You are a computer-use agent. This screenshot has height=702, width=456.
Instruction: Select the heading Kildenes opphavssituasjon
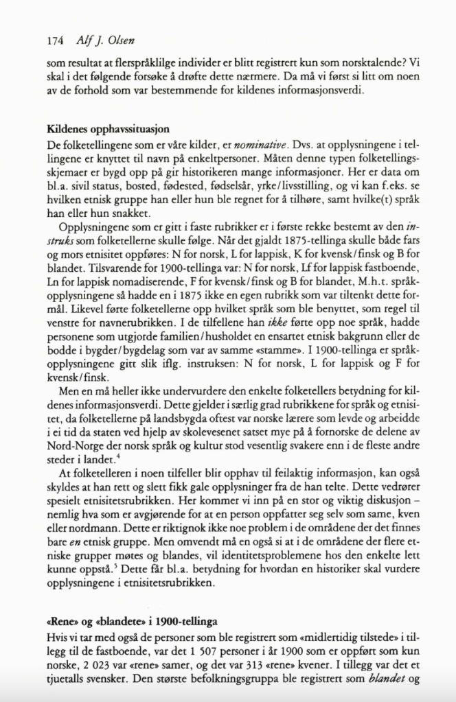coord(109,128)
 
